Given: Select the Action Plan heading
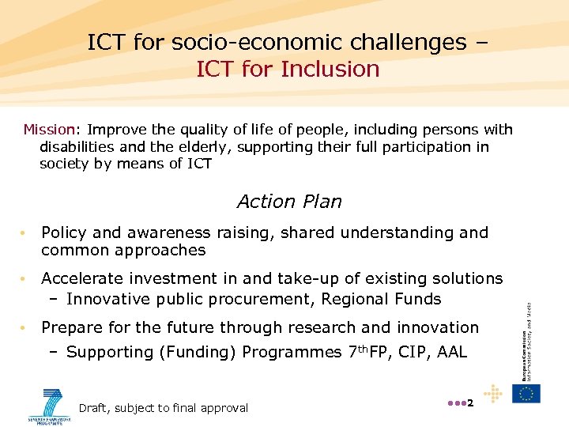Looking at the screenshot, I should point(289,202).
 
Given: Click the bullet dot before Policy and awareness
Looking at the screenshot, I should point(25,233).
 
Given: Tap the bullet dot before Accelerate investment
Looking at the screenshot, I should point(25,279).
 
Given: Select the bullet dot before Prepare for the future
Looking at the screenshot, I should point(25,328).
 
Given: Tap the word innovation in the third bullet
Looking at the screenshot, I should point(438,327).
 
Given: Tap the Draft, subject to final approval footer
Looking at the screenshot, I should point(164,408).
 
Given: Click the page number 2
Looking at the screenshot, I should point(469,404).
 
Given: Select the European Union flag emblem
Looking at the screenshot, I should point(526,393).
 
